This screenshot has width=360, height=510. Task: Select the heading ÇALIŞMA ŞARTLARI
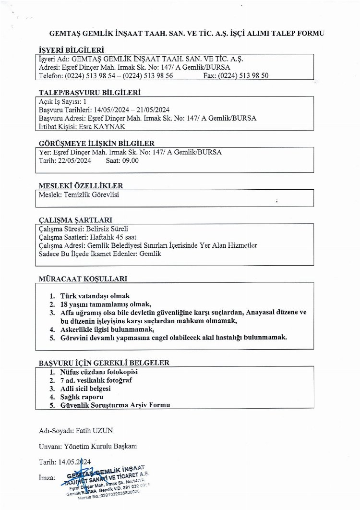[x=75, y=220]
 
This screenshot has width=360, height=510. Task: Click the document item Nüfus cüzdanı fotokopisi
[x=99, y=372]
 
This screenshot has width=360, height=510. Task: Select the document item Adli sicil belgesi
[x=85, y=389]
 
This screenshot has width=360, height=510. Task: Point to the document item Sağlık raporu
[x=82, y=397]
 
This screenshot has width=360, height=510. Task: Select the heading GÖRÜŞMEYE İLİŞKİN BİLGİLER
[x=96, y=143]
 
